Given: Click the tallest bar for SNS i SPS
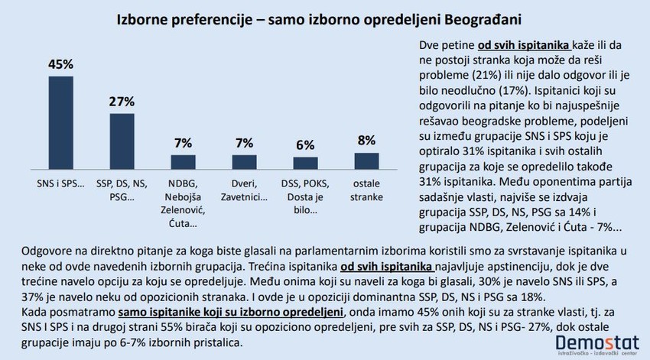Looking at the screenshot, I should [x=61, y=122].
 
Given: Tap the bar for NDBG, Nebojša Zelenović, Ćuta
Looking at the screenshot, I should [x=183, y=161].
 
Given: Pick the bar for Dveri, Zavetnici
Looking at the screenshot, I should [x=244, y=161].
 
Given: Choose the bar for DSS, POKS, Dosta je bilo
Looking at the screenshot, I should [x=305, y=163].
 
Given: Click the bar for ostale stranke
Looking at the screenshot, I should [x=366, y=160].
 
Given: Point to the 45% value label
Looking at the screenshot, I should [x=61, y=63].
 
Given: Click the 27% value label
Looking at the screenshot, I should [x=122, y=101].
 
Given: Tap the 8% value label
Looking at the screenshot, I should [x=366, y=140].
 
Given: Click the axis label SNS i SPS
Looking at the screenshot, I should [x=61, y=184].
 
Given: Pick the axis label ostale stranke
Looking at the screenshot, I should [x=366, y=190].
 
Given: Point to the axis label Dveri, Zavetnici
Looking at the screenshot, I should [x=244, y=190].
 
